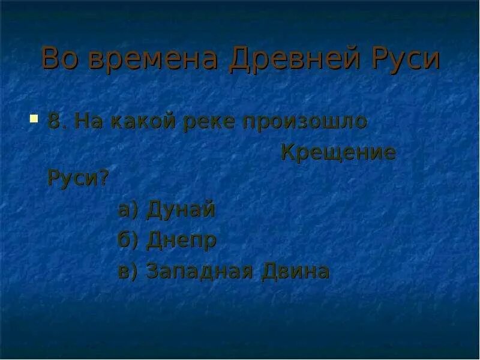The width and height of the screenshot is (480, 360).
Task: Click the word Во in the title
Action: [x=58, y=59]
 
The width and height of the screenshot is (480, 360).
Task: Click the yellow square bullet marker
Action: [x=34, y=116]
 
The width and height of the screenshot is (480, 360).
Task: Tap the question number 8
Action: [x=54, y=121]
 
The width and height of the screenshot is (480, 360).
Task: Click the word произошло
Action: [x=304, y=122]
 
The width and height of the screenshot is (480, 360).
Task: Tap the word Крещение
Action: [x=338, y=153]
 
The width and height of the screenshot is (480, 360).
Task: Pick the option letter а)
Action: [x=128, y=211]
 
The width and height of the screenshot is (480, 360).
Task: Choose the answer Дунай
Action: [x=181, y=211]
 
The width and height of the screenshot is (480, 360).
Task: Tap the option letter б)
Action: [x=128, y=241]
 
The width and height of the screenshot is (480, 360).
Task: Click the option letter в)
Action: [x=128, y=271]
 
